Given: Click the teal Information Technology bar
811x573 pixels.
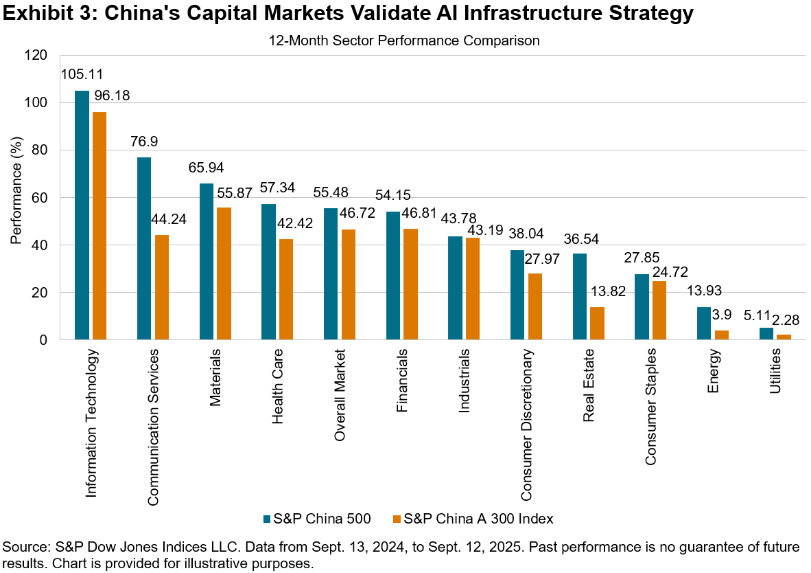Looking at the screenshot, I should [x=82, y=215].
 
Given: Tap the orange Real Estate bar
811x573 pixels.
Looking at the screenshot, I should [x=597, y=323].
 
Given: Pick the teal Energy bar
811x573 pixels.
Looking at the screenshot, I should [x=704, y=323].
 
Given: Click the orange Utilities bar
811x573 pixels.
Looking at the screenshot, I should [x=784, y=337].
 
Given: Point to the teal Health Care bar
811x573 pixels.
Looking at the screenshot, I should [x=268, y=271].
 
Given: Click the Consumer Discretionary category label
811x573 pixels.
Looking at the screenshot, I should [x=525, y=425].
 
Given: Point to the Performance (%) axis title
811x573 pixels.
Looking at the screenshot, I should [x=16, y=198].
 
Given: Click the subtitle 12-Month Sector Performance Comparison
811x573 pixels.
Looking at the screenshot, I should [x=405, y=41].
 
